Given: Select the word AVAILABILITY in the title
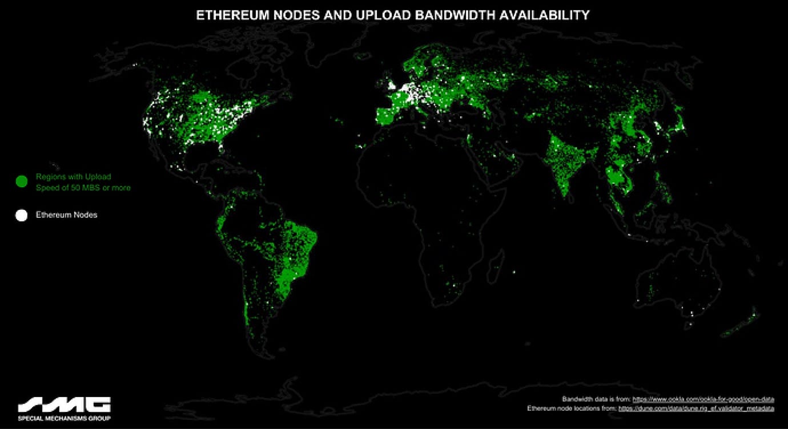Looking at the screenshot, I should coord(544,15).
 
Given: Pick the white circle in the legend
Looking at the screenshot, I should coord(22,215).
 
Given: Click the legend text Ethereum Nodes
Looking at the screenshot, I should coord(67,215).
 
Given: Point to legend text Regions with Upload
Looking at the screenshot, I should coord(74,177).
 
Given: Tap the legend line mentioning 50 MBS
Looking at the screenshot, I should coord(83,187).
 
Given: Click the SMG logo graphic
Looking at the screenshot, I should coord(64,404).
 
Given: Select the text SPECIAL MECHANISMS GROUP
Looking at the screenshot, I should coord(64,418).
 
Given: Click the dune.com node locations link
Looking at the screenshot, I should coord(696,408).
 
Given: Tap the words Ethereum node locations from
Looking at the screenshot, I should coord(572,408).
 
